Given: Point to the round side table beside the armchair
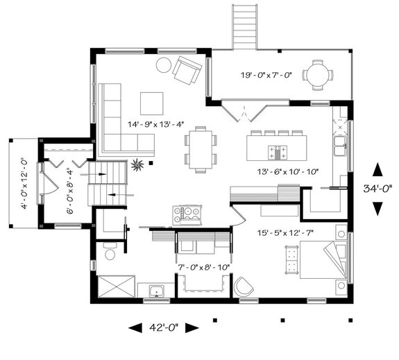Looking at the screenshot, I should (163, 66).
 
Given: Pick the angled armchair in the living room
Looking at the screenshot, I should (187, 69).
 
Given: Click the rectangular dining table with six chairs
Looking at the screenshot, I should (200, 148).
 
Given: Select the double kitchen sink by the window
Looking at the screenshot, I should (340, 146).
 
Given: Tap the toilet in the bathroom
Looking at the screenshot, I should (110, 252).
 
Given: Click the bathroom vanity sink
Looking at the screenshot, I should (153, 290).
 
